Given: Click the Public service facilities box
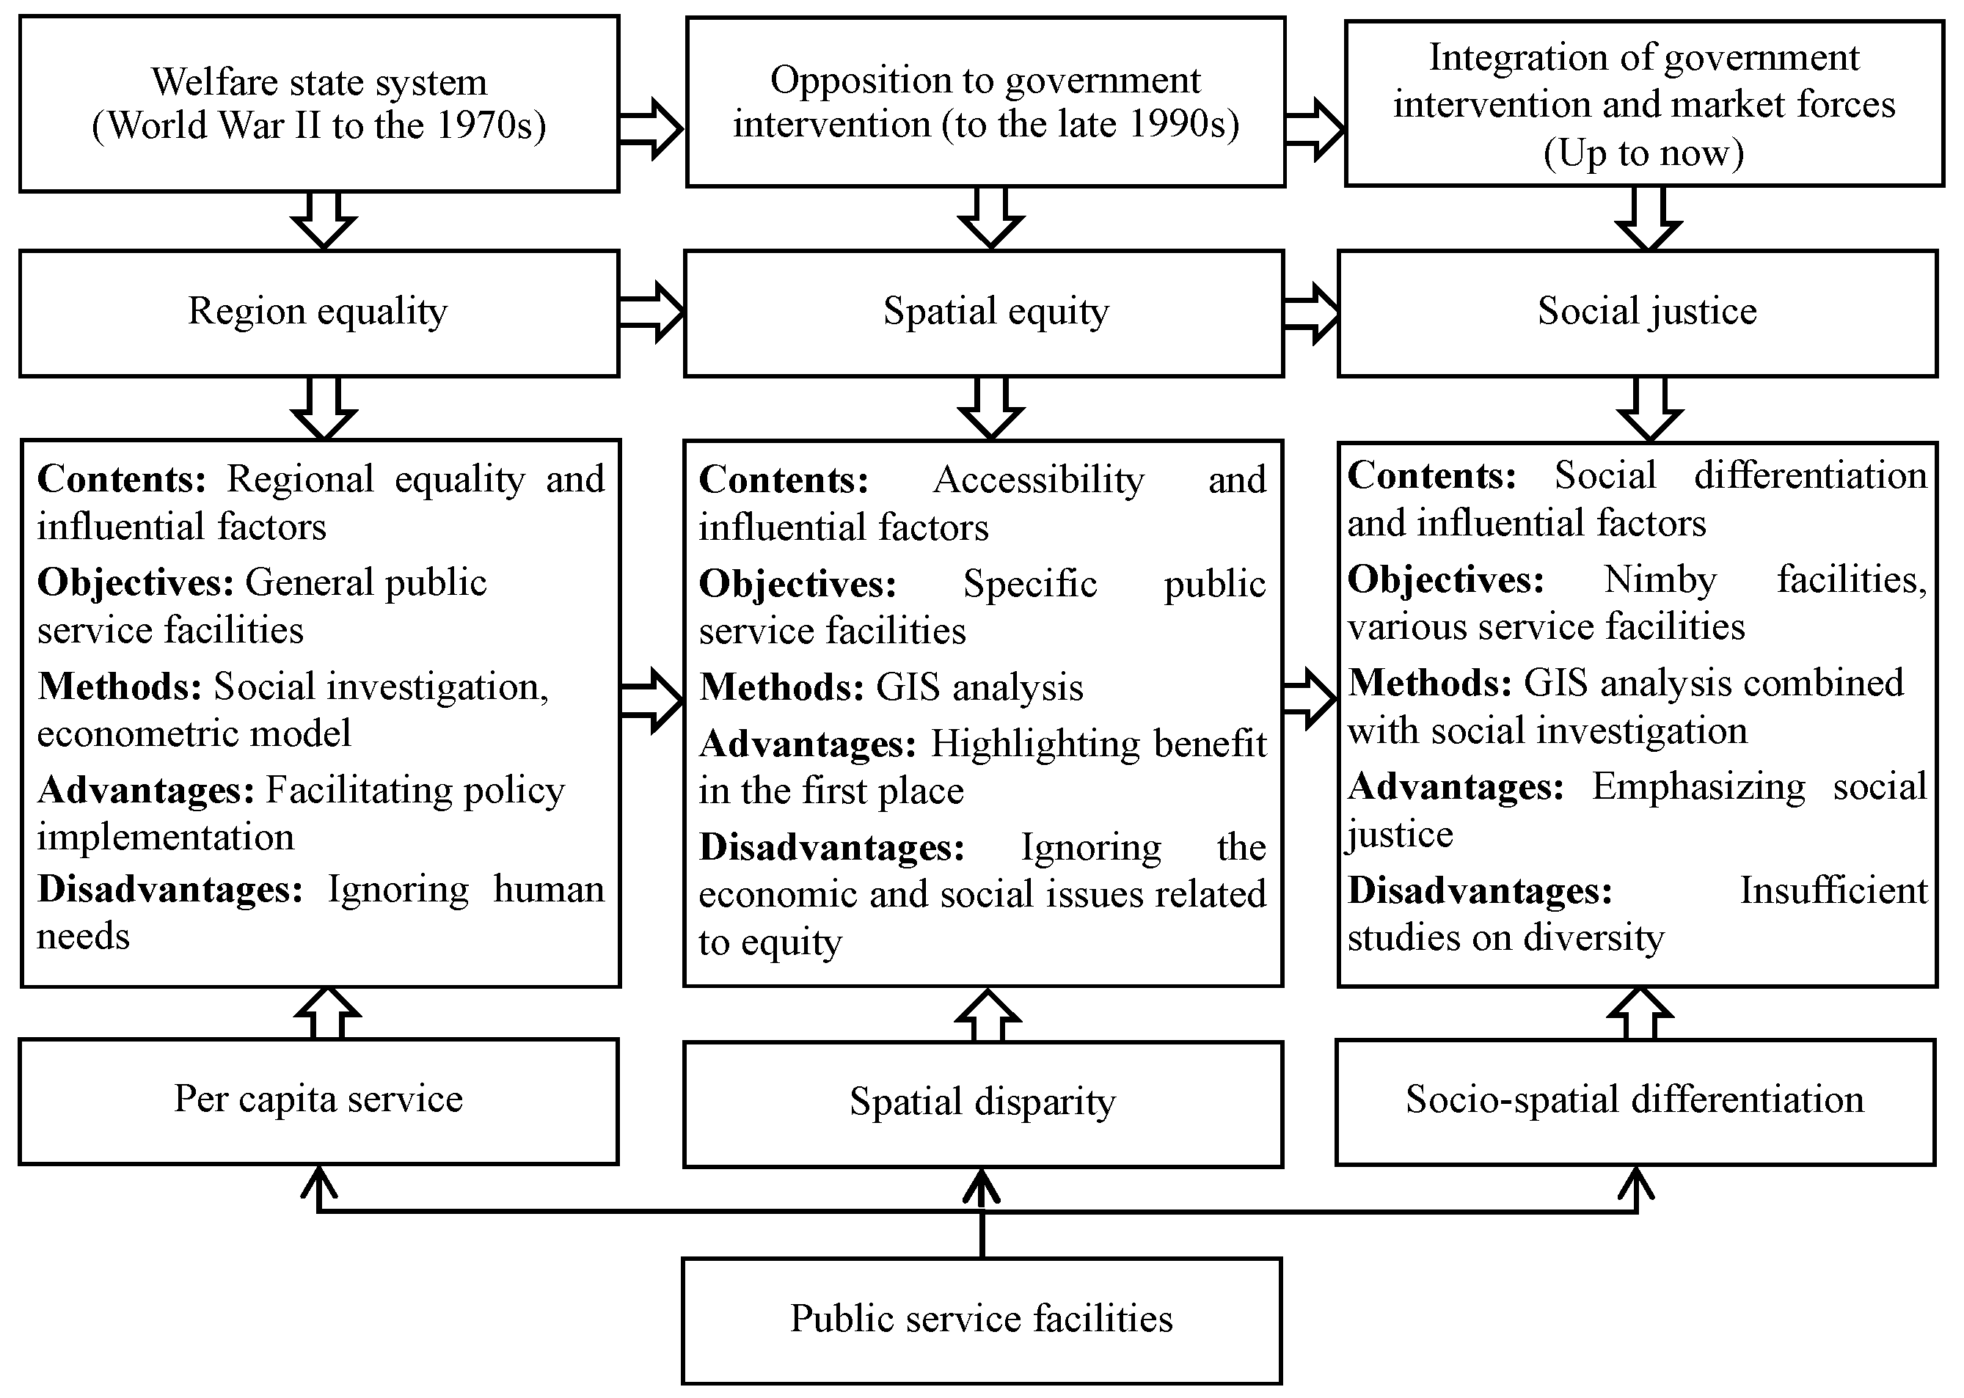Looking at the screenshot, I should pos(982,1320).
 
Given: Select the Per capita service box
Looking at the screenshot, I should pos(318,1100).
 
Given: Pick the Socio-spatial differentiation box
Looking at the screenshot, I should pos(1635,1101).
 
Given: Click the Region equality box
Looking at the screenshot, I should pos(318,312).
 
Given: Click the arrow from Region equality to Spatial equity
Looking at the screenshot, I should pos(651,312).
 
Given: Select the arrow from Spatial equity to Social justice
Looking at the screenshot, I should pos(1311,312).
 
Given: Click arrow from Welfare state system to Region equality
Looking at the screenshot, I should pos(324,220).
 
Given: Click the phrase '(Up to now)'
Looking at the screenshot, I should pos(1643,153).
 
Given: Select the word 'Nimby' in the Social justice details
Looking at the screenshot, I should pos(1660,580).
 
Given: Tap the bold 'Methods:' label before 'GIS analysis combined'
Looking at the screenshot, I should pos(1429,684).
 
